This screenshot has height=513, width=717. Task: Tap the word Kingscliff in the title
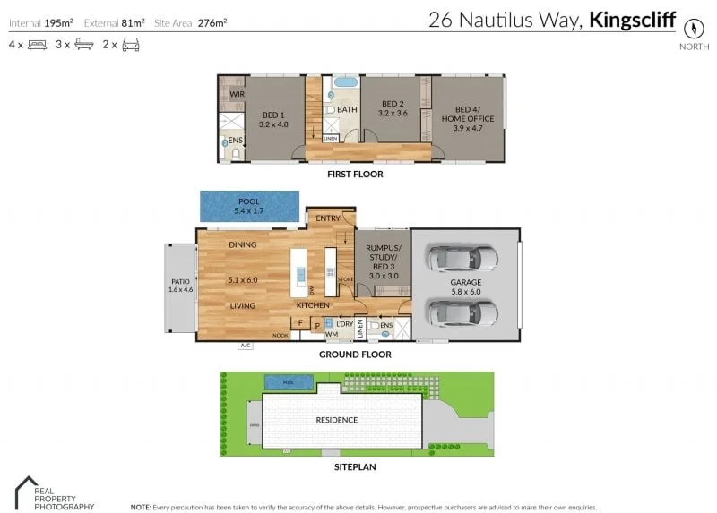pyautogui.click(x=632, y=19)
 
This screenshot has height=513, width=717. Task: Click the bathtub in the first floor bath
pyautogui.click(x=346, y=87)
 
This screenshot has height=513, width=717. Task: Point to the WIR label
pyautogui.click(x=237, y=94)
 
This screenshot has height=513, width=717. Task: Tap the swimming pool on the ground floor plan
pyautogui.click(x=247, y=207)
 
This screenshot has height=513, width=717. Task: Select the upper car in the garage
pyautogui.click(x=462, y=260)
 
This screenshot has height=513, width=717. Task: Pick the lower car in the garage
pyautogui.click(x=462, y=312)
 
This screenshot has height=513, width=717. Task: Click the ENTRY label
pyautogui.click(x=328, y=218)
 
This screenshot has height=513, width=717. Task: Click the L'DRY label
pyautogui.click(x=345, y=323)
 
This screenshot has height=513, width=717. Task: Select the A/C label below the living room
pyautogui.click(x=244, y=345)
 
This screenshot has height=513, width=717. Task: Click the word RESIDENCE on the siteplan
pyautogui.click(x=337, y=419)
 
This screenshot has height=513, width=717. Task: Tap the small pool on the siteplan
pyautogui.click(x=289, y=383)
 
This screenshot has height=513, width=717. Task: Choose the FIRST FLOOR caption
pyautogui.click(x=356, y=174)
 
